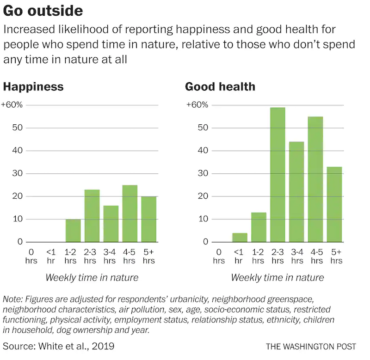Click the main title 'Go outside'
click(x=43, y=10)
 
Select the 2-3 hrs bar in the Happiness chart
click(x=92, y=216)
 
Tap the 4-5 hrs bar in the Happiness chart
click(x=130, y=214)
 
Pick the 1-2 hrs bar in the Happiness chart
click(x=73, y=231)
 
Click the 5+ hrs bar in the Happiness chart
click(x=149, y=219)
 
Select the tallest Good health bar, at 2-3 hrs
click(x=277, y=175)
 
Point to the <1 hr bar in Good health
click(x=240, y=238)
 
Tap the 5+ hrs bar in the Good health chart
click(x=334, y=204)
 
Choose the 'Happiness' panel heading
click(x=33, y=87)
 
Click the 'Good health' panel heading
click(x=220, y=87)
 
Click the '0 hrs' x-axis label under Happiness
click(x=31, y=256)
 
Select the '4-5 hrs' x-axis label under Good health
click(x=315, y=256)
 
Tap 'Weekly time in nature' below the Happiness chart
click(x=92, y=278)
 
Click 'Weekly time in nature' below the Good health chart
click(x=277, y=278)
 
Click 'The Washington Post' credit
click(x=311, y=346)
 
